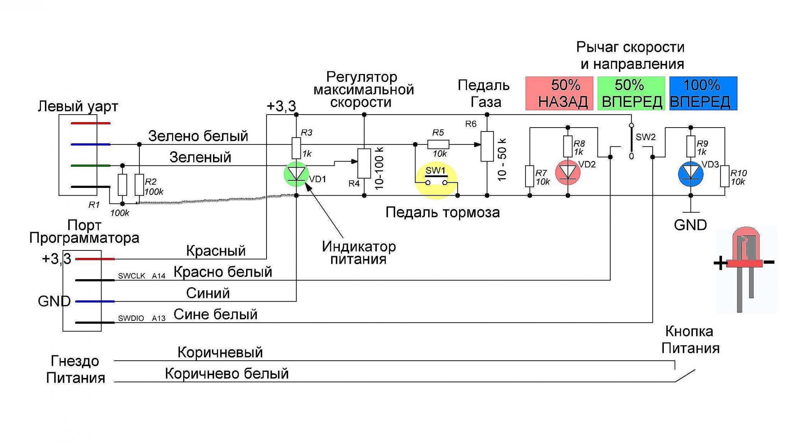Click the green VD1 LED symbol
pos(296,174)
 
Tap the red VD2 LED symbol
pos(568,172)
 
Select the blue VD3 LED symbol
pos(691,174)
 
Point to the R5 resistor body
pos(438,145)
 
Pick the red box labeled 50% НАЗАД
pos(559,93)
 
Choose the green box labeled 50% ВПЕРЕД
pos(631,93)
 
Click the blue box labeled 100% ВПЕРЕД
pos(703,93)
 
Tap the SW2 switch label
pos(646,137)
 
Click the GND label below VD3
pos(690,225)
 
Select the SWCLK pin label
pos(131,276)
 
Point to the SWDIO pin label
pos(131,318)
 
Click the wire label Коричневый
pos(220,352)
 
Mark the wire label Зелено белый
pos(198,136)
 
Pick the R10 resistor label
pos(738,173)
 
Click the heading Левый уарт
pos(78,106)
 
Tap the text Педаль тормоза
pos(443,212)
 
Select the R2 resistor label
pos(150,182)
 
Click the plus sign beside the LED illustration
pos(720,263)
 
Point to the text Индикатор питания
pos(359,253)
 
